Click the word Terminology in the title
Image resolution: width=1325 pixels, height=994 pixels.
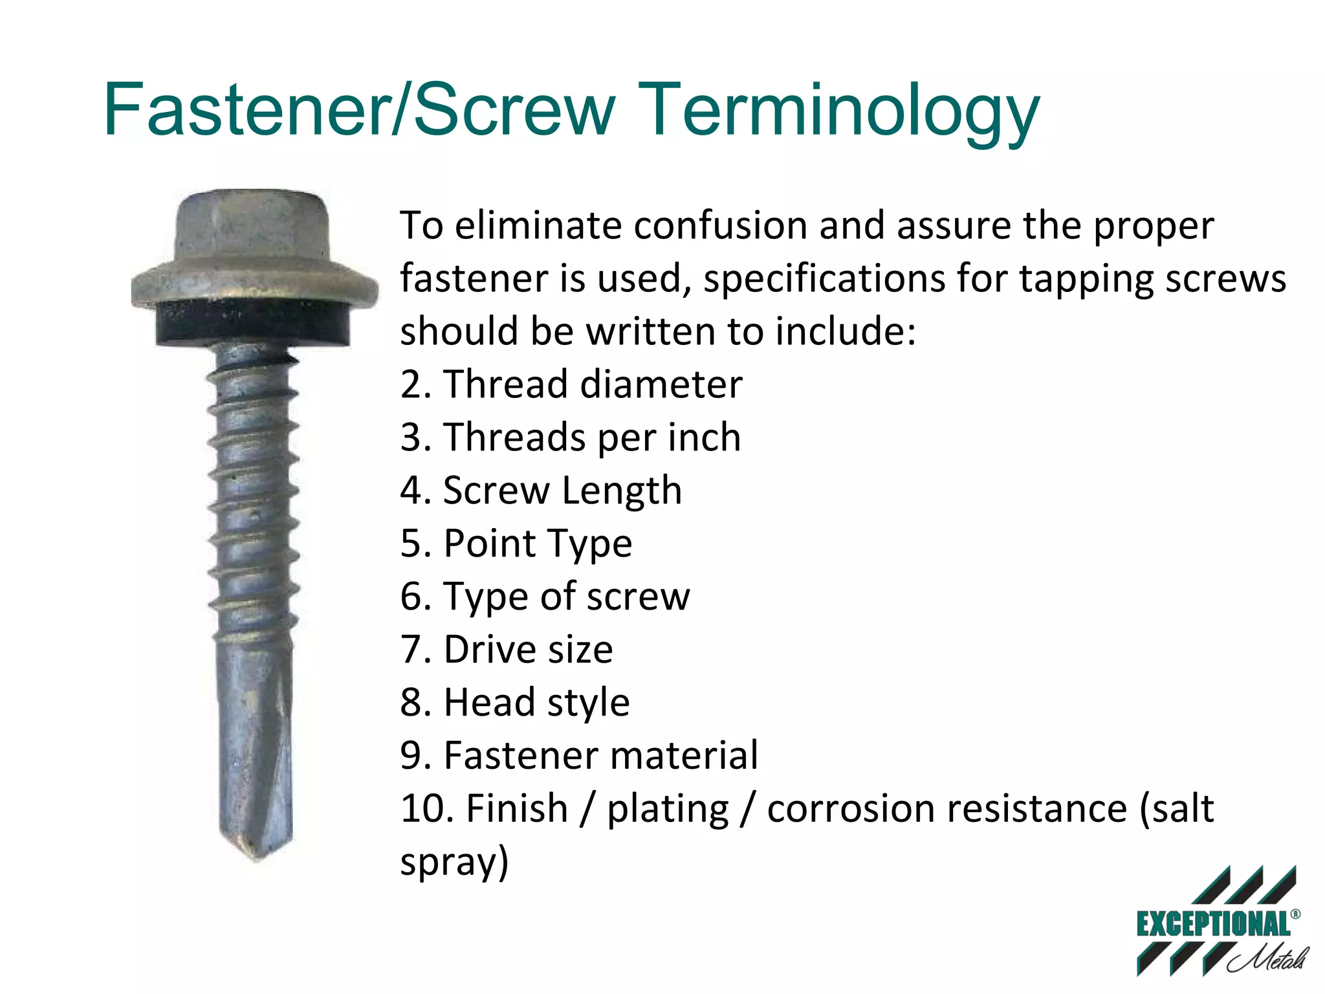click(x=841, y=111)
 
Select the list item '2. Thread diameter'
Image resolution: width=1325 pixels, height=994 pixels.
click(x=571, y=384)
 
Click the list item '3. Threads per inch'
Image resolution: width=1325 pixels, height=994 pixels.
click(x=570, y=437)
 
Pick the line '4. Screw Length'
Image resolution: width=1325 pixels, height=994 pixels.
click(x=541, y=491)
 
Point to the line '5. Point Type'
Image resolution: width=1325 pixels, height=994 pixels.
click(x=516, y=544)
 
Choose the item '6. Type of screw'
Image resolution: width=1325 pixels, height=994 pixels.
click(x=545, y=597)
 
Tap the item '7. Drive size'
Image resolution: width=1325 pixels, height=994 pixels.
click(x=506, y=650)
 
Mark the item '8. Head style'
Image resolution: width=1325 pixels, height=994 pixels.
click(x=514, y=703)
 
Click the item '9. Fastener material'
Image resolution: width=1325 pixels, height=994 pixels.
click(x=578, y=756)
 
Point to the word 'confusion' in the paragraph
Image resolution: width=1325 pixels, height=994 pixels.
click(x=719, y=226)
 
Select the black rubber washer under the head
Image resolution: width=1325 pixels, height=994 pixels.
click(x=253, y=324)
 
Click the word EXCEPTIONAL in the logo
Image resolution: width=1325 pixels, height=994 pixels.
click(x=1212, y=924)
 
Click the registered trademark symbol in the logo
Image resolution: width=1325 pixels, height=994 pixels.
click(x=1295, y=914)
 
